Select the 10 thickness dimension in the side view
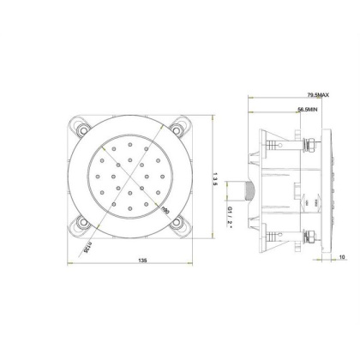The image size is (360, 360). point(341,256)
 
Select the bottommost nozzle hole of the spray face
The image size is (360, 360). point(133,211)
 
